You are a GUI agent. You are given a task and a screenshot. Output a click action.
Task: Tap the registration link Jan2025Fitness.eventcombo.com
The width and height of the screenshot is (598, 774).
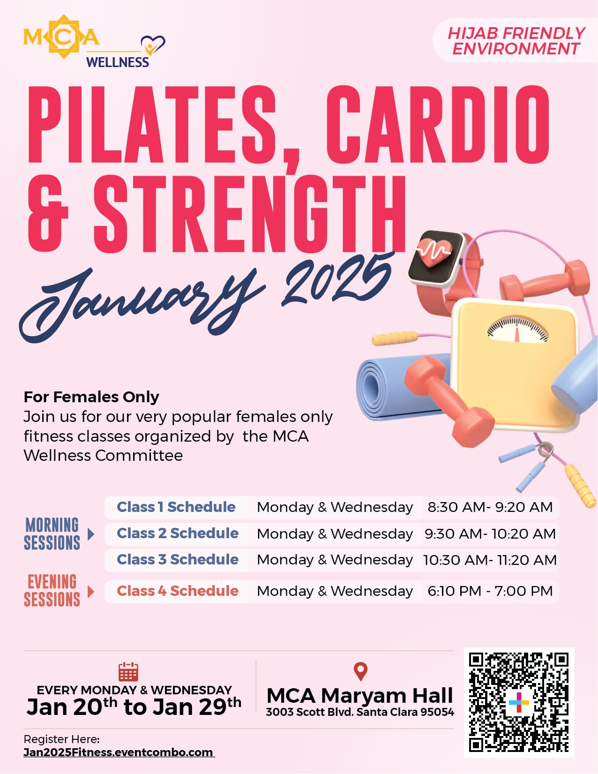click(119, 752)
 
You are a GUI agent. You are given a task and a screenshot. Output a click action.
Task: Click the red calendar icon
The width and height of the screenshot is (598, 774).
click(128, 672)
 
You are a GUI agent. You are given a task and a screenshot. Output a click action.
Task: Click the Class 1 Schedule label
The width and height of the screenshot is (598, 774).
click(176, 507)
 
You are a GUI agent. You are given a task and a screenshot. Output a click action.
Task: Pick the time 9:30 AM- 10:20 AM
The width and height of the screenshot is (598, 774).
click(490, 534)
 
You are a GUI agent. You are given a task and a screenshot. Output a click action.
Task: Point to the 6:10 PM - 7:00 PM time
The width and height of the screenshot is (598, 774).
click(490, 591)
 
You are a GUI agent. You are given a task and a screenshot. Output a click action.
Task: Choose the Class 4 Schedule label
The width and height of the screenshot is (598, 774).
click(178, 591)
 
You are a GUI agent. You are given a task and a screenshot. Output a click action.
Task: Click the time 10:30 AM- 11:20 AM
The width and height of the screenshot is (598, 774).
click(490, 560)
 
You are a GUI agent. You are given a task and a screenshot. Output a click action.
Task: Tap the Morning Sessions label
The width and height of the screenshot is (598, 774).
click(52, 534)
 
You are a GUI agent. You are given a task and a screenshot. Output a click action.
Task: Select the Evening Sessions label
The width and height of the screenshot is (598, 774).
click(52, 590)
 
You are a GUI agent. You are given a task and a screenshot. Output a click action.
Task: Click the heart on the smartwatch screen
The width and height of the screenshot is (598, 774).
click(434, 252)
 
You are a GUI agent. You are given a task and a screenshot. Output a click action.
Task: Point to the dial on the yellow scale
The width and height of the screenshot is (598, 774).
click(517, 329)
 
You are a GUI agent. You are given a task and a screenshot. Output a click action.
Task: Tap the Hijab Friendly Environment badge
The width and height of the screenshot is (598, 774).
click(516, 41)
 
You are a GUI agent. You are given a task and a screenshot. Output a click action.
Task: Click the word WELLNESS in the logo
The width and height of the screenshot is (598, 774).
click(118, 62)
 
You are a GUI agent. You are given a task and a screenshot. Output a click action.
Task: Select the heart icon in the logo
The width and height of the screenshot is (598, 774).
click(153, 45)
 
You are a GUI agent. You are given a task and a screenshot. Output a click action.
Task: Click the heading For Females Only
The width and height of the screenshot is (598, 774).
click(91, 397)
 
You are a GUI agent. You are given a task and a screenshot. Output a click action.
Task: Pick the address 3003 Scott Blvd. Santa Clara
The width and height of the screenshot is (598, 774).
click(360, 712)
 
